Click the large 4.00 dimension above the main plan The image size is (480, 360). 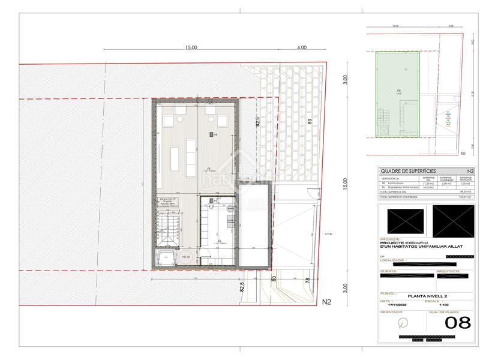(301, 47)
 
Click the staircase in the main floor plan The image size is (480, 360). (169, 231)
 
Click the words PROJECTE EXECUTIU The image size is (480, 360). (404, 242)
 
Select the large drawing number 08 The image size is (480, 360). (457, 323)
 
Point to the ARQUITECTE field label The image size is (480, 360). (453, 271)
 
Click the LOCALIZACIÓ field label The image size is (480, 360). (393, 260)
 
